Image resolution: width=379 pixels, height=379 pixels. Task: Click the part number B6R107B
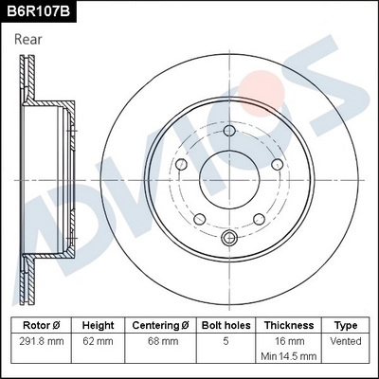(x=39, y=12)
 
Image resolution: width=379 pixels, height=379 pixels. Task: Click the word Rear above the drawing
(x=30, y=40)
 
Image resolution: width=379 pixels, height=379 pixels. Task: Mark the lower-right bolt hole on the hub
(x=258, y=219)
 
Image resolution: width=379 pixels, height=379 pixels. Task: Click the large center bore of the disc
(x=226, y=180)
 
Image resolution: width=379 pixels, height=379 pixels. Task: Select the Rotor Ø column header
(x=44, y=324)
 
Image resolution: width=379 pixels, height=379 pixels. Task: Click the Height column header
(x=99, y=324)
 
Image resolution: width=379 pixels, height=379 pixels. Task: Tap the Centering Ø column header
(x=160, y=324)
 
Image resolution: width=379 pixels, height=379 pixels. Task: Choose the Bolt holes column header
(x=226, y=324)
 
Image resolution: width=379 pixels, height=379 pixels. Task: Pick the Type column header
(x=346, y=324)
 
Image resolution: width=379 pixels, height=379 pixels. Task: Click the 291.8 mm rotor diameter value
(x=44, y=340)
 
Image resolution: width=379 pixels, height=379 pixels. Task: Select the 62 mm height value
(x=99, y=340)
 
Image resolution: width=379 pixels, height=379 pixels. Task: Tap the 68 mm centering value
(x=160, y=340)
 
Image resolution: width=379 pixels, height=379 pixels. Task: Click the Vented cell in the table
(x=346, y=340)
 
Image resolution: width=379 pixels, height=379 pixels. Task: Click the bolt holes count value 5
(x=226, y=340)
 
